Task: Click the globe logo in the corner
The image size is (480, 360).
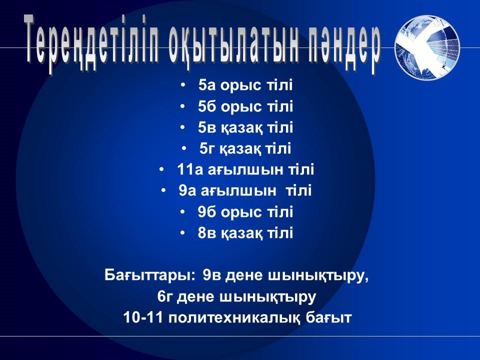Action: click(x=427, y=47)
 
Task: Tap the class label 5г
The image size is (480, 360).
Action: click(x=205, y=148)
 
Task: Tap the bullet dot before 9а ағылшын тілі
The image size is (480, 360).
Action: click(x=163, y=191)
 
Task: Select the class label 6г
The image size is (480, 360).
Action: click(x=164, y=296)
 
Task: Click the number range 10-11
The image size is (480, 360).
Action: click(x=143, y=318)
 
